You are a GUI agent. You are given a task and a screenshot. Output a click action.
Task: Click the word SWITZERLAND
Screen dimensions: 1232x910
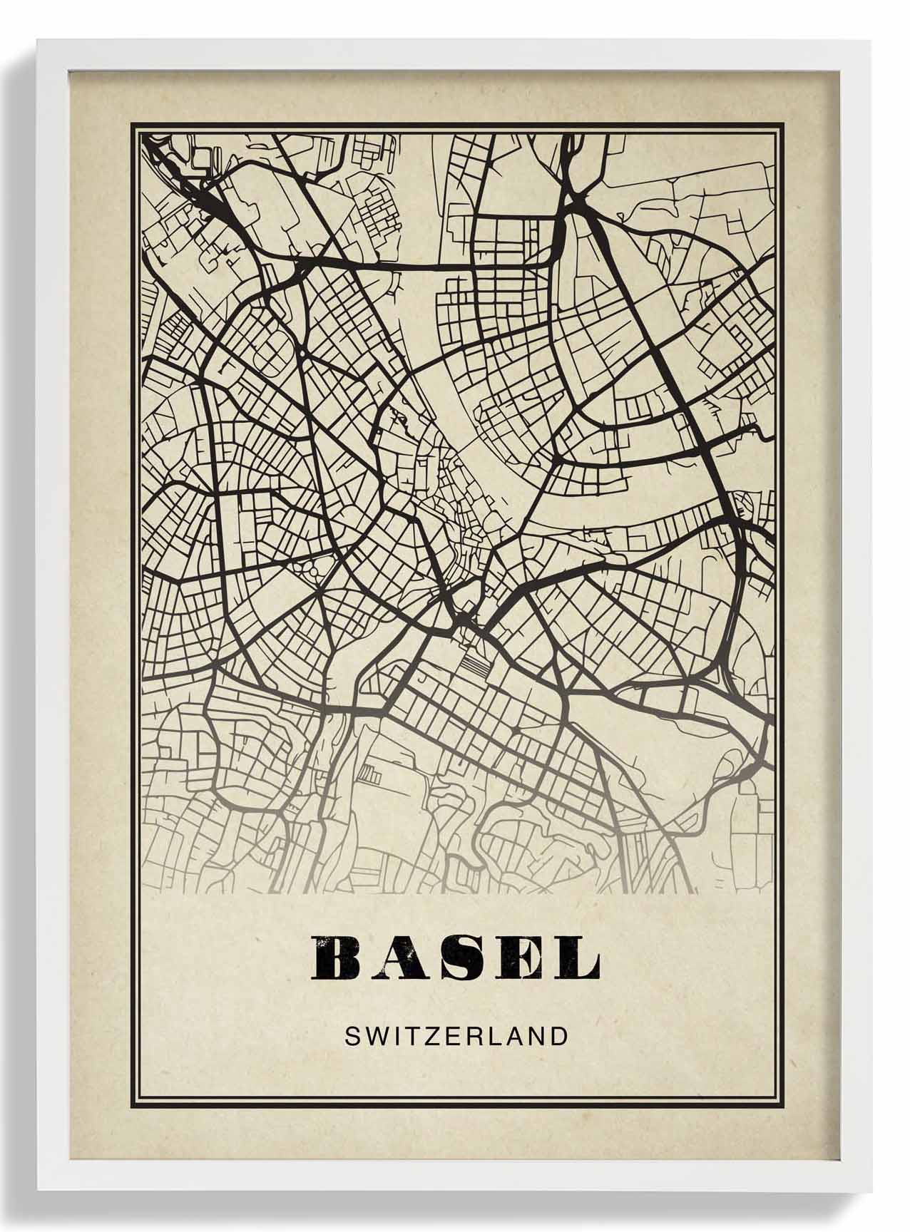pos(456,1035)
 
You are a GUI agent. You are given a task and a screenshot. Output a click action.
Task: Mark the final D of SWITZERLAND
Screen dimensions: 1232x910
pos(558,1035)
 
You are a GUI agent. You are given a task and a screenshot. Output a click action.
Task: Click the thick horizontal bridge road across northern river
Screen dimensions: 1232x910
pos(428,265)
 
